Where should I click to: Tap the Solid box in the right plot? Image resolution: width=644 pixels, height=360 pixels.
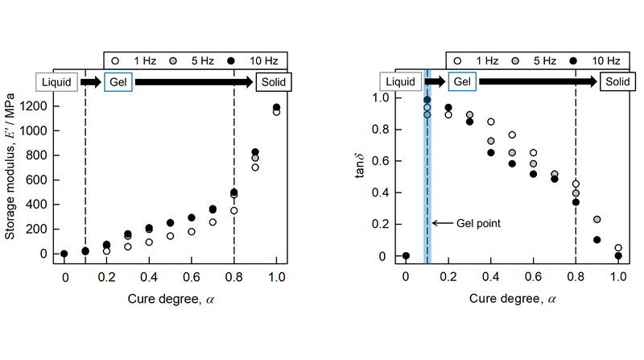(x=617, y=81)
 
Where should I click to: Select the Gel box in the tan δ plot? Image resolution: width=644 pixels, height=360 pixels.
(x=461, y=81)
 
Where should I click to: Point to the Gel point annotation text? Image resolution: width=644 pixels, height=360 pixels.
(x=477, y=223)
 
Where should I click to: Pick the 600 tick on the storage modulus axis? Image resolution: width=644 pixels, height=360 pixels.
(x=43, y=180)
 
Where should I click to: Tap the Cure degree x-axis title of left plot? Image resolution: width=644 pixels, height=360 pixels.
(x=170, y=300)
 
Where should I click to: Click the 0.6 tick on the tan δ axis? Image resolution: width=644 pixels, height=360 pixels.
(x=386, y=161)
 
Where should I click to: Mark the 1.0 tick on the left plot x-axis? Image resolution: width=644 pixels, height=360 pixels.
(x=276, y=277)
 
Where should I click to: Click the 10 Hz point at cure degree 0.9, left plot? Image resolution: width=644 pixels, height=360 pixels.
(x=255, y=152)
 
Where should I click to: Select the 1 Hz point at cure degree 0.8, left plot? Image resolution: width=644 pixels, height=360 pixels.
(x=234, y=211)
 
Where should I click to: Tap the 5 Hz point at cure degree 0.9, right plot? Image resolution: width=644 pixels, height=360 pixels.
(x=597, y=219)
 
